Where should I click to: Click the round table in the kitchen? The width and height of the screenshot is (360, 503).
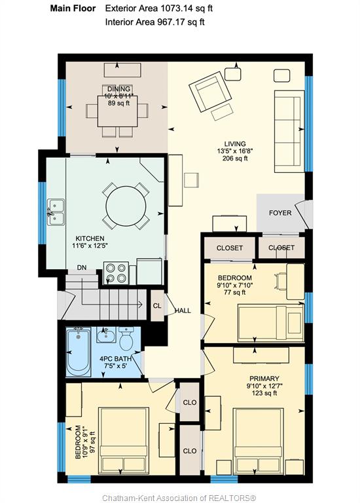pyautogui.click(x=126, y=206)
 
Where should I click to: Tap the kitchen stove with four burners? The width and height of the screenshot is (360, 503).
pyautogui.click(x=116, y=273)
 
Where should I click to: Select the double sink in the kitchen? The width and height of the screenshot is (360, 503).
pyautogui.click(x=56, y=212)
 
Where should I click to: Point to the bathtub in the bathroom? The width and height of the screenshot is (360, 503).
pyautogui.click(x=79, y=352)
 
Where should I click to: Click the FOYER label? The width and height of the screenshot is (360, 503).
pyautogui.click(x=280, y=213)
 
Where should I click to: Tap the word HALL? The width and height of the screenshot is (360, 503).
pyautogui.click(x=183, y=310)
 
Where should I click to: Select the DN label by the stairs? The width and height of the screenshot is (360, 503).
pyautogui.click(x=82, y=267)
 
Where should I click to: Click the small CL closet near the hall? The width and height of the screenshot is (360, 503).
pyautogui.click(x=157, y=306)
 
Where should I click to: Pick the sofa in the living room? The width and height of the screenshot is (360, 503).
pyautogui.click(x=289, y=132)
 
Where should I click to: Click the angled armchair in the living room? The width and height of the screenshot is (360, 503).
pyautogui.click(x=210, y=92)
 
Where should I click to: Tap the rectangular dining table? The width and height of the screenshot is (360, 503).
pyautogui.click(x=117, y=111)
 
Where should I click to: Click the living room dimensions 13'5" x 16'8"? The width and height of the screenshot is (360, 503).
pyautogui.click(x=235, y=151)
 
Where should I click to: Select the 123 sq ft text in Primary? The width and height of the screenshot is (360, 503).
pyautogui.click(x=264, y=393)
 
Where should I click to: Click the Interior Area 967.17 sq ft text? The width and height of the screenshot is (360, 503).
pyautogui.click(x=155, y=22)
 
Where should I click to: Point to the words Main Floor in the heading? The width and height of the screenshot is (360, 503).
pyautogui.click(x=73, y=9)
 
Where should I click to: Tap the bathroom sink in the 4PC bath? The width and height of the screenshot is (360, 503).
pyautogui.click(x=106, y=335)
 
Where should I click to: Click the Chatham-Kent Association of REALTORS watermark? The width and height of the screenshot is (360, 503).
pyautogui.click(x=179, y=498)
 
